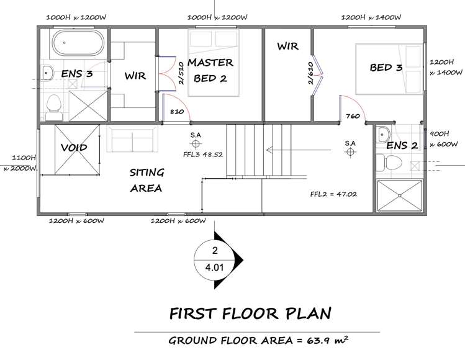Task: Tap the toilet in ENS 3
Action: point(53,107)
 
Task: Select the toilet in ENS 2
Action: point(389,163)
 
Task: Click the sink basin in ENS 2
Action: point(383,135)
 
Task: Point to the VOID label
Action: point(74,147)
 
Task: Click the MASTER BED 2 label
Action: point(210,70)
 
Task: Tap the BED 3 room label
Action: point(386,67)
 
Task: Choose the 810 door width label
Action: point(177,112)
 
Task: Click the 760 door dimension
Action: point(353,116)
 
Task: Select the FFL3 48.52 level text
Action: point(203,155)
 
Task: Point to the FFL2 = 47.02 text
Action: point(333,194)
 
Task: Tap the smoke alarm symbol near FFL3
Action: point(196,144)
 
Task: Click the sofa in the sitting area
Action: point(132,139)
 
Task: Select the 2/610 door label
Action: point(310,73)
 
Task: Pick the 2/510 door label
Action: point(181,73)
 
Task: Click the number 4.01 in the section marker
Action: point(214,268)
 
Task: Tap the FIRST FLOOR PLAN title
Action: point(250,313)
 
